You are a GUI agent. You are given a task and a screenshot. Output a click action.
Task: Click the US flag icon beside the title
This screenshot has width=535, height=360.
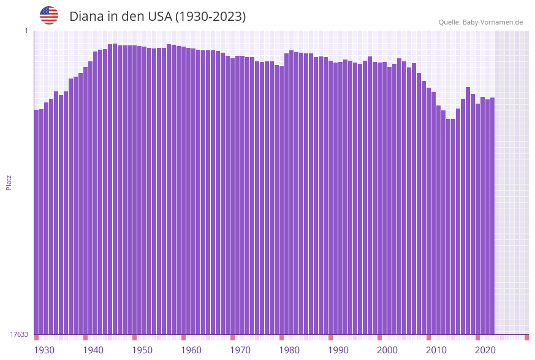(x=49, y=15)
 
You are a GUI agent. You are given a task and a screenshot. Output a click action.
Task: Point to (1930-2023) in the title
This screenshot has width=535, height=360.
(x=211, y=17)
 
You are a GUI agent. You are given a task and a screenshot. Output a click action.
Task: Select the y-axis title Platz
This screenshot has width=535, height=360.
(x=9, y=183)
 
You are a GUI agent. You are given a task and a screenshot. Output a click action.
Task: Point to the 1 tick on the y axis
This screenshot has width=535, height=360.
(x=26, y=31)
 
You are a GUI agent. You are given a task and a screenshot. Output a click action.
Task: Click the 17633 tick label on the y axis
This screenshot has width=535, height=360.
(x=19, y=334)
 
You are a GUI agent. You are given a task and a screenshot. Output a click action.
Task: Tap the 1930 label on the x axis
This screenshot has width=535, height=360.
(x=44, y=350)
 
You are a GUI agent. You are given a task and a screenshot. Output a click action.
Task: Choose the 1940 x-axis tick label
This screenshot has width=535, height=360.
(x=93, y=350)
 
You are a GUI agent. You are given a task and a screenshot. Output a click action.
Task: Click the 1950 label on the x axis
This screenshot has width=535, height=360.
(x=142, y=350)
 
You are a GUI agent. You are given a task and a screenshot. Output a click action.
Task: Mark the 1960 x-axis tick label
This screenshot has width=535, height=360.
(x=191, y=350)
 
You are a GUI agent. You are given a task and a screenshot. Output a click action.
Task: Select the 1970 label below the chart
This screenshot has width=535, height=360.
(x=240, y=350)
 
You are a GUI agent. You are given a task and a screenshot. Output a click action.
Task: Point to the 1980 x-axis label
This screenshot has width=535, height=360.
(x=289, y=350)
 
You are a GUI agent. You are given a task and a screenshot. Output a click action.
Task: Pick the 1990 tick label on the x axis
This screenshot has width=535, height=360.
(x=338, y=350)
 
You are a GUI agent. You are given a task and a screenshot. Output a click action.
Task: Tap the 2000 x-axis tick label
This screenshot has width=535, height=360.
(x=387, y=350)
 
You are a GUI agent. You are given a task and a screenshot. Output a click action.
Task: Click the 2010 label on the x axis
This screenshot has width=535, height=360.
(x=436, y=350)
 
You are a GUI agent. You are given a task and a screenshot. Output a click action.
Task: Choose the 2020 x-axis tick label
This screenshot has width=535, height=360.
(x=485, y=350)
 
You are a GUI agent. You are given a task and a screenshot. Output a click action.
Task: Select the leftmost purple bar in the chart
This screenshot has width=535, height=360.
(x=36, y=221)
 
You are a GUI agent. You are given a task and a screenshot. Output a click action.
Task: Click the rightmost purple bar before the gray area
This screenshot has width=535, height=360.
(x=492, y=215)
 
